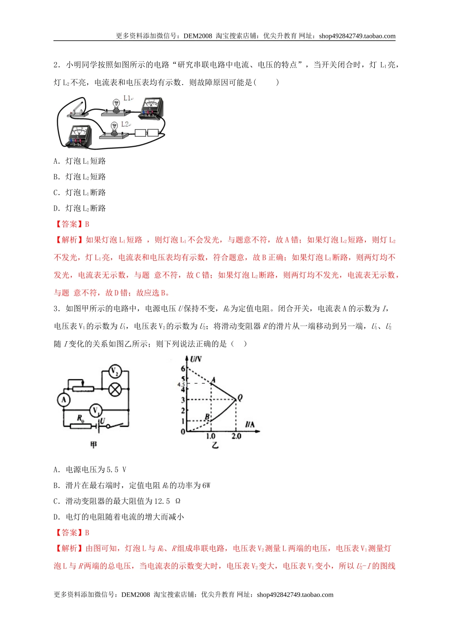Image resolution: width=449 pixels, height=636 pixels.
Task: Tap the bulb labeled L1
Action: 115,105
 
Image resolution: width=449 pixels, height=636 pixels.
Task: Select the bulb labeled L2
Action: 113,128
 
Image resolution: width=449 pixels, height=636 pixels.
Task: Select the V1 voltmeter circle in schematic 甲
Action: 96,410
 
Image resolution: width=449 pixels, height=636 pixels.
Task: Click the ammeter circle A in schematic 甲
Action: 64,400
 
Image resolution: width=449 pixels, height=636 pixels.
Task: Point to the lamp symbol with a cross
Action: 115,389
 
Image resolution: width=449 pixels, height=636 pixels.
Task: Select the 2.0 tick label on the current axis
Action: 236,436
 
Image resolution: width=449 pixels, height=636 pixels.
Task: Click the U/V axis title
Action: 196,359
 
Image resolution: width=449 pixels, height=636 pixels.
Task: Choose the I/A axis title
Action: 250,424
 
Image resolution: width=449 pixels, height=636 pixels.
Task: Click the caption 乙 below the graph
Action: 215,445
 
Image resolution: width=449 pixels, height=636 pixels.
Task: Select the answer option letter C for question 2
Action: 57,193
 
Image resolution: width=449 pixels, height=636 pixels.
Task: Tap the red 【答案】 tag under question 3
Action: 69,532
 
